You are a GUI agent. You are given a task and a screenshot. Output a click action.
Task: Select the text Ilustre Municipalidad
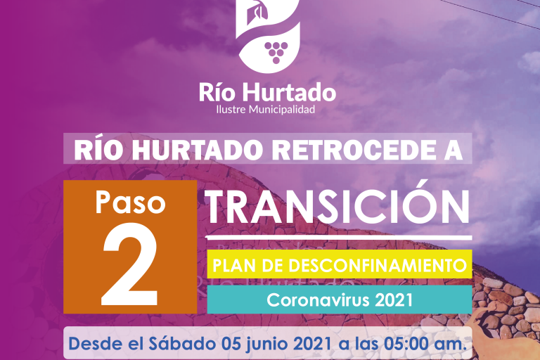266,110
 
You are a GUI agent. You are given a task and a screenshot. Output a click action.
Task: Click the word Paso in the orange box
131,202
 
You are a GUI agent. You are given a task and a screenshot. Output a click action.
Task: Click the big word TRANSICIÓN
338,206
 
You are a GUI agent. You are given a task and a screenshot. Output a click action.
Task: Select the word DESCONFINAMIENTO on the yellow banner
378,266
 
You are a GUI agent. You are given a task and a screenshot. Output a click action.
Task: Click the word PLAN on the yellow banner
237,266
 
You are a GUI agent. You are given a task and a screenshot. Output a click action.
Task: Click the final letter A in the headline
454,150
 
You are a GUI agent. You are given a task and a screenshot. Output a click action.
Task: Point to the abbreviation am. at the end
449,346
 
